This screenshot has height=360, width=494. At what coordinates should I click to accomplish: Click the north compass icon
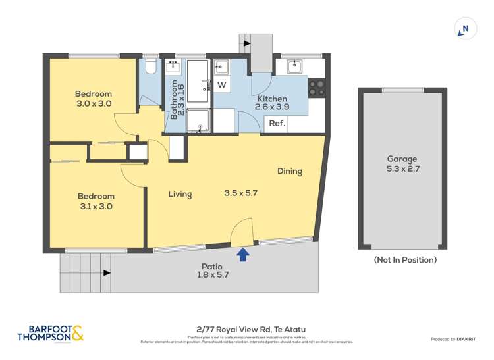pos(466,29)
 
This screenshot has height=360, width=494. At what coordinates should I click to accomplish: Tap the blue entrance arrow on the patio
pos(243,255)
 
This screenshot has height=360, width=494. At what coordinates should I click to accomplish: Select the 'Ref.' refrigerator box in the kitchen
pos(277,124)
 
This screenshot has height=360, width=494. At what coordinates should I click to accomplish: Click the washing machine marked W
pos(221,85)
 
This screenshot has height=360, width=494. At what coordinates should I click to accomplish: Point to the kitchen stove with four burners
pos(317,88)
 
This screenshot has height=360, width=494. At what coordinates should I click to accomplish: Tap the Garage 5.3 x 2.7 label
pos(402,164)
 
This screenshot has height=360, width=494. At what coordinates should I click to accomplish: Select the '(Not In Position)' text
pos(405,259)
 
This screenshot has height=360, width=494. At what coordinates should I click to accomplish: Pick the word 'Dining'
pos(289,171)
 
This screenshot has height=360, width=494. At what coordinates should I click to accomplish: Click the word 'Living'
pos(180,194)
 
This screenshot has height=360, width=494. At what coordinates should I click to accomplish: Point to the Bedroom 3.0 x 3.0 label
pos(93,99)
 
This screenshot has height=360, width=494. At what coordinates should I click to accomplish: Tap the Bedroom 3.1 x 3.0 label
pos(96,201)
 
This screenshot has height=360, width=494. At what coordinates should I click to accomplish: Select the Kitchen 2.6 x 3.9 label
pos(271,103)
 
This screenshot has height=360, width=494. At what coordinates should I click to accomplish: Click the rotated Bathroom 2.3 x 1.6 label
pos(177,98)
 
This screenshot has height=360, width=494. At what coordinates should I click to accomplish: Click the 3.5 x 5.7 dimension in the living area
pos(241,193)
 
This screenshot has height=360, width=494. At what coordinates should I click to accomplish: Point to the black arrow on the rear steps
pos(247,43)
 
